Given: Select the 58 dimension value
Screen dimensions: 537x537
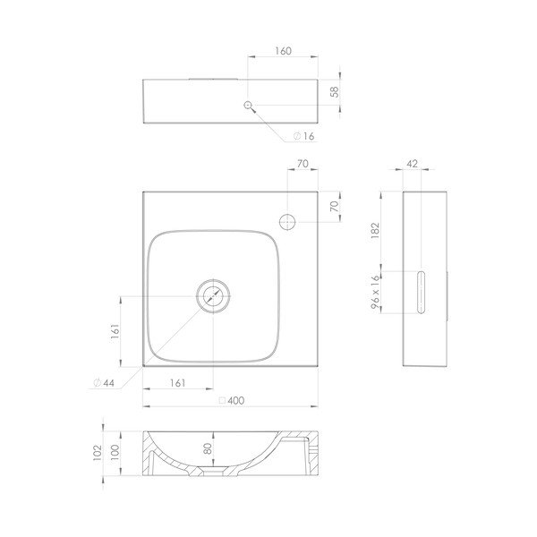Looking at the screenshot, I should coord(335,92).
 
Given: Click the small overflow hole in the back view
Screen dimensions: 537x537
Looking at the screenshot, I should coord(249,105).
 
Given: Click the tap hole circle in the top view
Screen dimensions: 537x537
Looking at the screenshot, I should coord(287,220).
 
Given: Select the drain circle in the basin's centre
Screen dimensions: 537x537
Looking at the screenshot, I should coord(213,294).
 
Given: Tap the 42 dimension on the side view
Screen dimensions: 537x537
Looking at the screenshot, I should coord(413,165).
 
